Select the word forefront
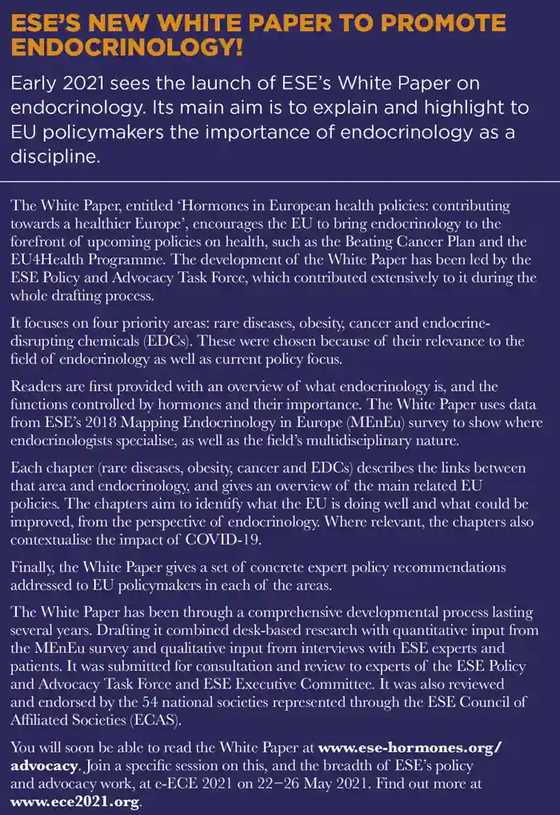pyautogui.click(x=47, y=241)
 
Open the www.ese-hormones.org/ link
pyautogui.click(x=410, y=748)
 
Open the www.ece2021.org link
pyautogui.click(x=76, y=800)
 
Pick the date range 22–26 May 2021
pyautogui.click(x=376, y=782)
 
